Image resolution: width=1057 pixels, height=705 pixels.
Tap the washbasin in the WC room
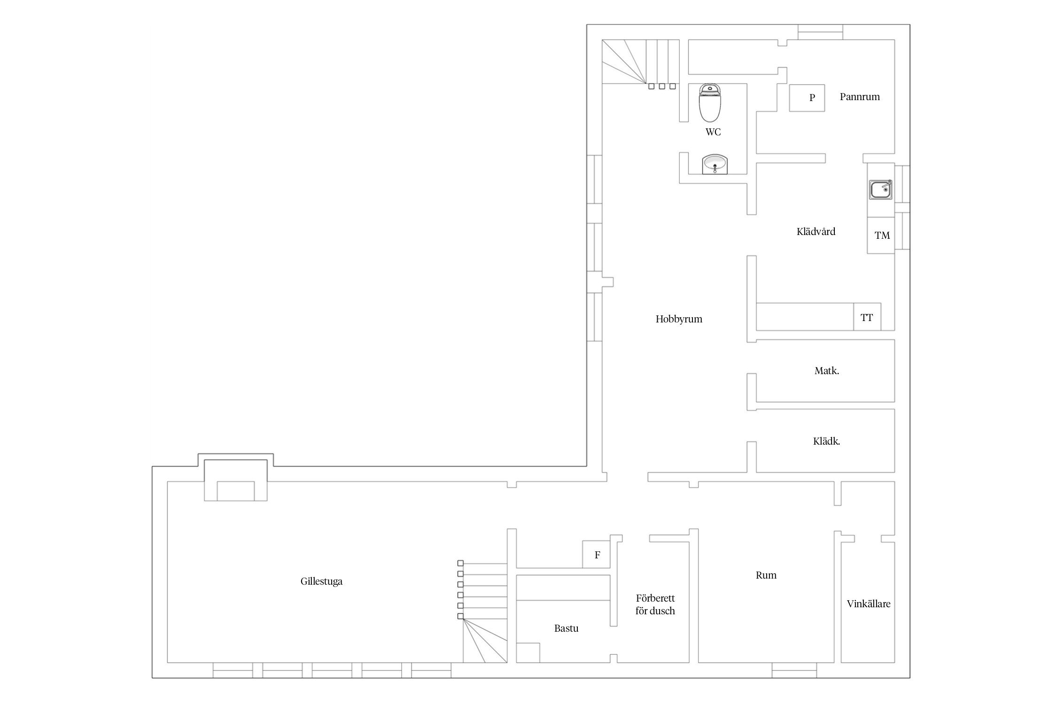coord(715,164)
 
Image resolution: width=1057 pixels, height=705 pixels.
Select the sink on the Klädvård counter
coord(881,190)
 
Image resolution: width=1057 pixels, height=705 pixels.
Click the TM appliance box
coord(881,235)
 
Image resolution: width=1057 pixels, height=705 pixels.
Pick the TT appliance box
coord(867,317)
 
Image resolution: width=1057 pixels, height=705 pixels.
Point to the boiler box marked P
coord(807,98)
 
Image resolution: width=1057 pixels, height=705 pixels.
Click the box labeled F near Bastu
coord(596,555)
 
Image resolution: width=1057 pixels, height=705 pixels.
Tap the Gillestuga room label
coord(321,581)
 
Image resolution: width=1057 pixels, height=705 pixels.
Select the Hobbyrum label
coord(679,319)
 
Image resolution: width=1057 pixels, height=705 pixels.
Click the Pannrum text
coord(860,97)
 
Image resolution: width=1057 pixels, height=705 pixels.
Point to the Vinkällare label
coord(869,604)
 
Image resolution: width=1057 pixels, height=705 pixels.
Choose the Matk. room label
coord(827,371)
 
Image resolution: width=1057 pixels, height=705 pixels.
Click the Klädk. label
coord(826,441)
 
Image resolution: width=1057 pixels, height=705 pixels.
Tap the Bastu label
coord(566,628)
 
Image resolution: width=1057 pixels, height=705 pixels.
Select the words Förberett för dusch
coord(655,604)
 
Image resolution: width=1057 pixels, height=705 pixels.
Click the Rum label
coord(766,575)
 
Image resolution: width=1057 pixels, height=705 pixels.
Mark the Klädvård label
coord(816,231)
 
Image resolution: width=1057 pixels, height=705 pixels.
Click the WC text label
coord(713,132)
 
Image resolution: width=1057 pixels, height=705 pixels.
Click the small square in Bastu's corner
coord(528,652)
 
